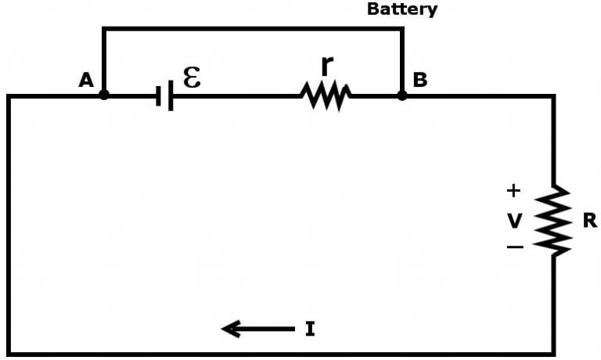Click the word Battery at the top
(402, 9)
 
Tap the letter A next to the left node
(85, 80)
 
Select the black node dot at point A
(104, 95)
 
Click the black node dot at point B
(402, 95)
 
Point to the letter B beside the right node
(419, 80)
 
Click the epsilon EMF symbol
(191, 77)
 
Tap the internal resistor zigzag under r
(326, 96)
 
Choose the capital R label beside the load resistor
(589, 221)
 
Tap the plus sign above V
(513, 190)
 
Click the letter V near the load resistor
(514, 221)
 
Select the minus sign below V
(514, 247)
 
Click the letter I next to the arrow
(310, 329)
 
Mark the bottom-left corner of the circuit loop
(9, 354)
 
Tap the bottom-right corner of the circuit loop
(554, 354)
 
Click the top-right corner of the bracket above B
(402, 29)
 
